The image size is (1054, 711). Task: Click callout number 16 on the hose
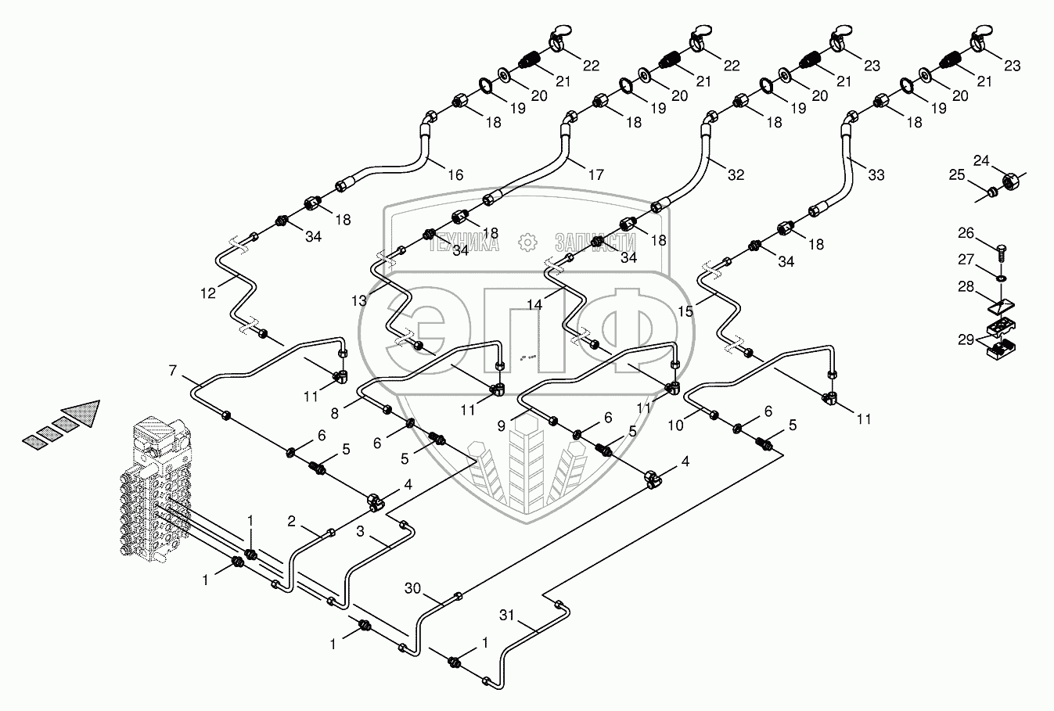pyautogui.click(x=455, y=175)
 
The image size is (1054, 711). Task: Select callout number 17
pyautogui.click(x=595, y=175)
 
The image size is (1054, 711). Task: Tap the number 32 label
pyautogui.click(x=736, y=175)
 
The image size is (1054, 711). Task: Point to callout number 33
pyautogui.click(x=876, y=175)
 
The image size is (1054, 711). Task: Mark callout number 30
pyautogui.click(x=413, y=588)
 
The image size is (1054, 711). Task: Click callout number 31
pyautogui.click(x=506, y=616)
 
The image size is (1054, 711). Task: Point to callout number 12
pyautogui.click(x=207, y=293)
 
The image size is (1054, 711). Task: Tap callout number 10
pyautogui.click(x=674, y=425)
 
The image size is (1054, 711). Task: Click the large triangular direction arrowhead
pyautogui.click(x=81, y=414)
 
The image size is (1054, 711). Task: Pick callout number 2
pyautogui.click(x=291, y=522)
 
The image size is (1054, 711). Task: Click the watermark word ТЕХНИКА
pyautogui.click(x=465, y=243)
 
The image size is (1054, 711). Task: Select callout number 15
pyautogui.click(x=685, y=311)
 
